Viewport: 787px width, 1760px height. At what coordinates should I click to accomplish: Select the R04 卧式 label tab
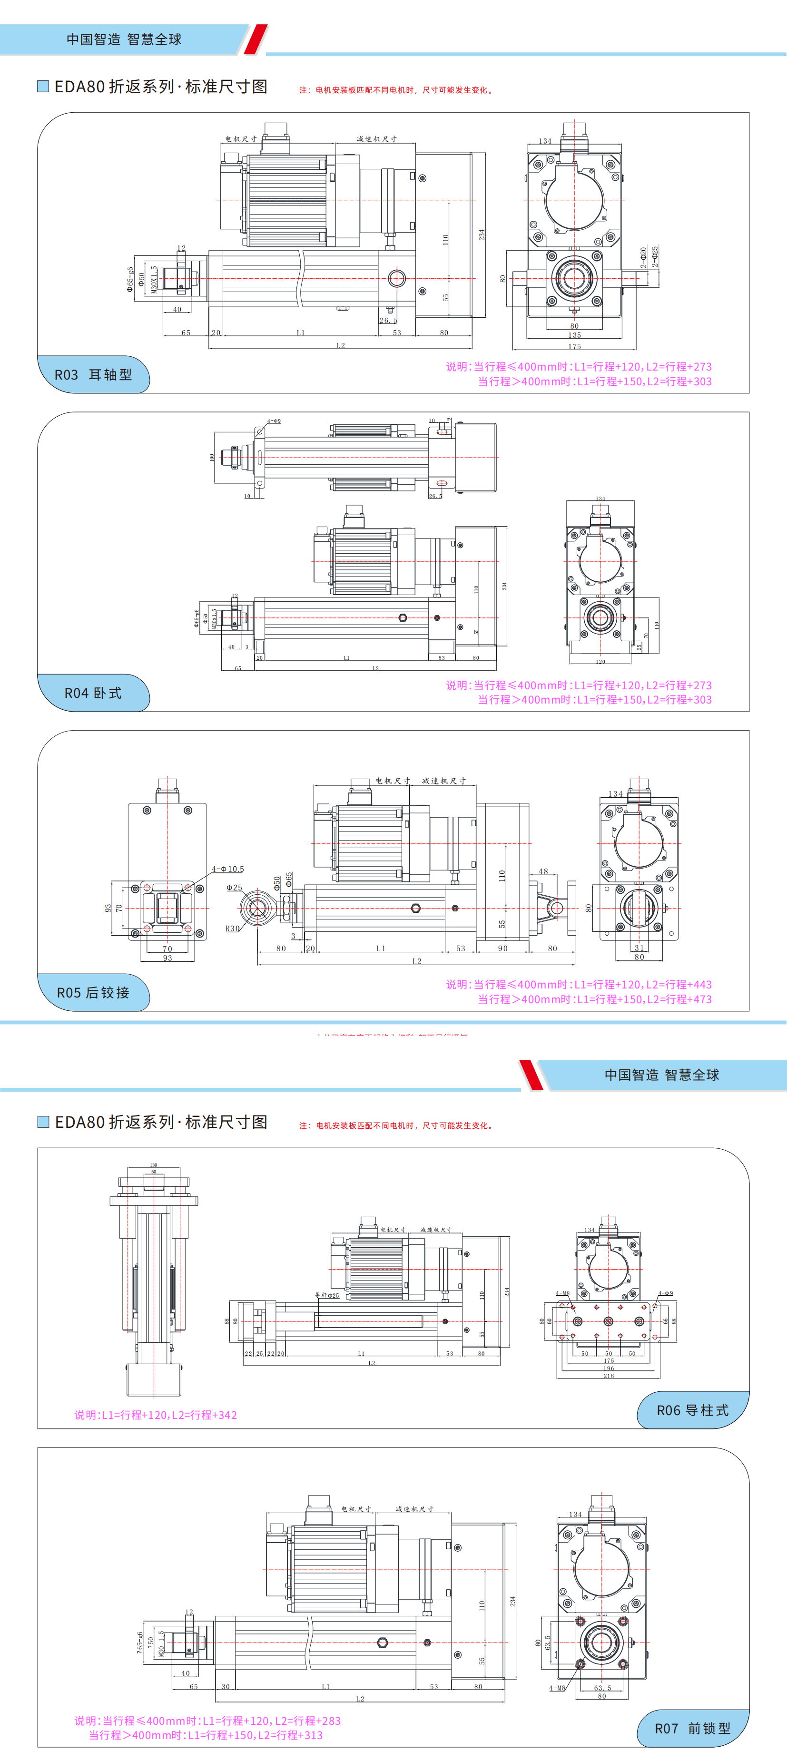pos(93,693)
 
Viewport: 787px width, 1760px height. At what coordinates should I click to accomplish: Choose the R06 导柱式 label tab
pos(692,1410)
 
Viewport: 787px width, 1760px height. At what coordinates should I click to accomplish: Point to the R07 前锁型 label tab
pos(692,1728)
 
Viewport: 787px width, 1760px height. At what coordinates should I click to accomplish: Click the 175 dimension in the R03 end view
pos(574,346)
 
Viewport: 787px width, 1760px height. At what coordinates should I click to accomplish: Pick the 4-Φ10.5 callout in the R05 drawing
pos(227,869)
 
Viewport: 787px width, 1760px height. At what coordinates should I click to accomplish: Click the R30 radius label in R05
pos(232,929)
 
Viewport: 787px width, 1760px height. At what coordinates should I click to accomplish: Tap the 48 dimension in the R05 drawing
pos(543,871)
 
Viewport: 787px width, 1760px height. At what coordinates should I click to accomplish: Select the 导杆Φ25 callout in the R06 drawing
pos(326,1295)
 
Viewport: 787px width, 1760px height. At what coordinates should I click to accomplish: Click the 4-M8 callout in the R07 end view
pos(557,1688)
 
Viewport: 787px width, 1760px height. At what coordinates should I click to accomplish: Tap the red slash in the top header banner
pos(256,39)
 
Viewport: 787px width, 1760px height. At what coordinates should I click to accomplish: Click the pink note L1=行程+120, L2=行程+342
pos(156,1415)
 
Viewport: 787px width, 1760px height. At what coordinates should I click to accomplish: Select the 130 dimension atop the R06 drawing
pos(154,1165)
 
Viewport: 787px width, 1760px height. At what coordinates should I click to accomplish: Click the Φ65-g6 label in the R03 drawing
pos(130,279)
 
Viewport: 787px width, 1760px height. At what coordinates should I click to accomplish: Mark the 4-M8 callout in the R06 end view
pos(562,1293)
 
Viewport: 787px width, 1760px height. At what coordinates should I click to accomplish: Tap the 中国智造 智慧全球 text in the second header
pos(661,1075)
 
